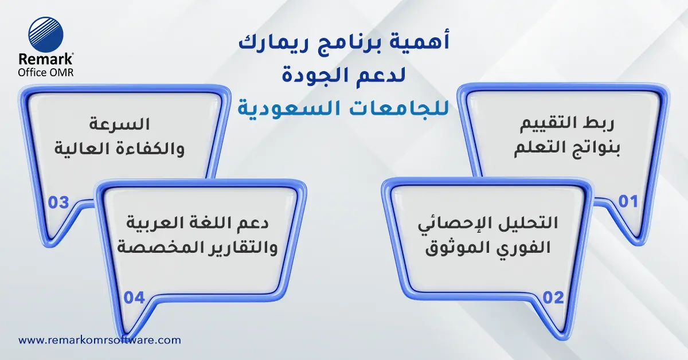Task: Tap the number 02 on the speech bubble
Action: click(553, 298)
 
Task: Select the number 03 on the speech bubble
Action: click(58, 202)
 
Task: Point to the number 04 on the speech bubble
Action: click(134, 298)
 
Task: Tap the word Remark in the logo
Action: click(45, 59)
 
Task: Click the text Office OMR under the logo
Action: click(46, 71)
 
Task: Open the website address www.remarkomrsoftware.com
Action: click(100, 340)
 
